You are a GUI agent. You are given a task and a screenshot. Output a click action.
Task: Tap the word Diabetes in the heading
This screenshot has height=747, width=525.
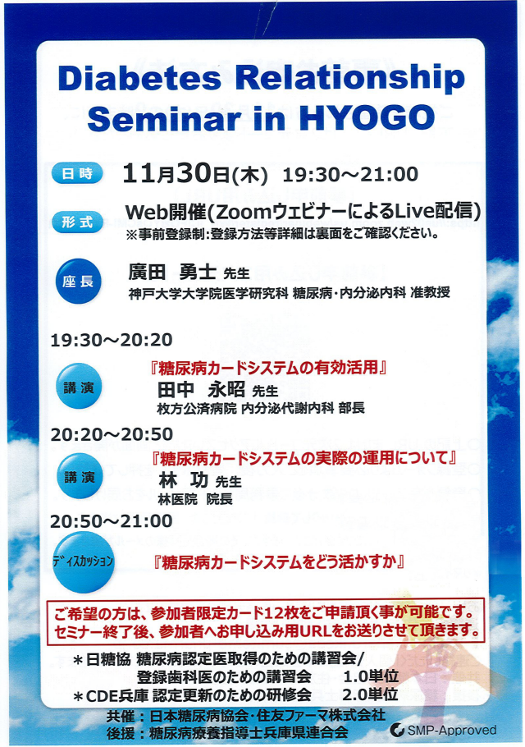tap(139, 78)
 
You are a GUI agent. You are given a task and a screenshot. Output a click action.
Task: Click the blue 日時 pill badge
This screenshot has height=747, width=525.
tap(77, 173)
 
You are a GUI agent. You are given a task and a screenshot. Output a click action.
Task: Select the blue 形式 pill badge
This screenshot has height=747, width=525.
tap(77, 222)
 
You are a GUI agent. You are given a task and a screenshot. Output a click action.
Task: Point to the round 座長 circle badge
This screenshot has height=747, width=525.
tap(79, 281)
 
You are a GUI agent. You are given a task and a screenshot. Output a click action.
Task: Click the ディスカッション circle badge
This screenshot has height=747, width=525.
tap(84, 561)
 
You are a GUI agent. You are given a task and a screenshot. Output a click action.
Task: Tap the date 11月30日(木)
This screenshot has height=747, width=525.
tap(195, 174)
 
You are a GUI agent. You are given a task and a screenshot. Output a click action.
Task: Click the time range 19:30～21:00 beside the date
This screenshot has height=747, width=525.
tap(350, 174)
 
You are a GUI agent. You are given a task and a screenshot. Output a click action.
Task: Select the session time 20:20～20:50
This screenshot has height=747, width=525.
tap(112, 434)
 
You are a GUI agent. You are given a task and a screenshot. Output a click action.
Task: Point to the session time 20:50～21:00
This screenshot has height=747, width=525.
tap(112, 520)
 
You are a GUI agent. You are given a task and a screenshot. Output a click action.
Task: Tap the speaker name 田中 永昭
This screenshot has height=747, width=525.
tap(201, 390)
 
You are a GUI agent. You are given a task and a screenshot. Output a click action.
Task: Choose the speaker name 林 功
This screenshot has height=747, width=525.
tap(183, 480)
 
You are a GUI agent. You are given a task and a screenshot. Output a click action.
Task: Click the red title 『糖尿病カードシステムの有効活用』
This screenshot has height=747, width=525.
tap(267, 368)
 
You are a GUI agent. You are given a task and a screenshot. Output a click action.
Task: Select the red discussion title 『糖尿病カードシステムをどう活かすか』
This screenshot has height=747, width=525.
tap(278, 562)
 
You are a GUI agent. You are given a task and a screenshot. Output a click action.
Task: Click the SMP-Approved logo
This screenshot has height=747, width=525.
tap(443, 730)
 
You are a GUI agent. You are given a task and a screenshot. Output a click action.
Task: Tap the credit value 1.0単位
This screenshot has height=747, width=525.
tap(371, 676)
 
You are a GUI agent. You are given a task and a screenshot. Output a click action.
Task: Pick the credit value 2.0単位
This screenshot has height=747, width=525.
tap(370, 694)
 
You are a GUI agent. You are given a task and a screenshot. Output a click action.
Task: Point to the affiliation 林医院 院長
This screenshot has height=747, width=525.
tap(195, 499)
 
